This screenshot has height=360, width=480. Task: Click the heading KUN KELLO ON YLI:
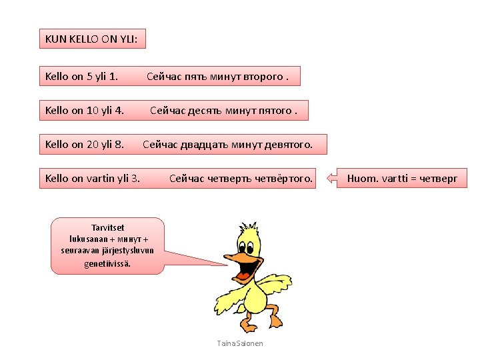[92, 39]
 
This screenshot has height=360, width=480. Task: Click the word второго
[263, 76]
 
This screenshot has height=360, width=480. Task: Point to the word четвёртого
[284, 178]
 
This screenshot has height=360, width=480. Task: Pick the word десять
[201, 110]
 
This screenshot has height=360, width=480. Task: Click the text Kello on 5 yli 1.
[81, 76]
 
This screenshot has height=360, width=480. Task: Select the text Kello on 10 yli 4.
[84, 110]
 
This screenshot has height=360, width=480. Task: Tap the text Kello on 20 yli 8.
[84, 144]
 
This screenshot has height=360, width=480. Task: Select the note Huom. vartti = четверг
[403, 178]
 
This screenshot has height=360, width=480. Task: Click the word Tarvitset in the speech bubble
[107, 228]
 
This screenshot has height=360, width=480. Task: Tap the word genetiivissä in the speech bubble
[107, 263]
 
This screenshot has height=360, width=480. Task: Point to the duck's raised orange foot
[273, 313]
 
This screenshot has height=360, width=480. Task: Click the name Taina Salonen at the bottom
[240, 343]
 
